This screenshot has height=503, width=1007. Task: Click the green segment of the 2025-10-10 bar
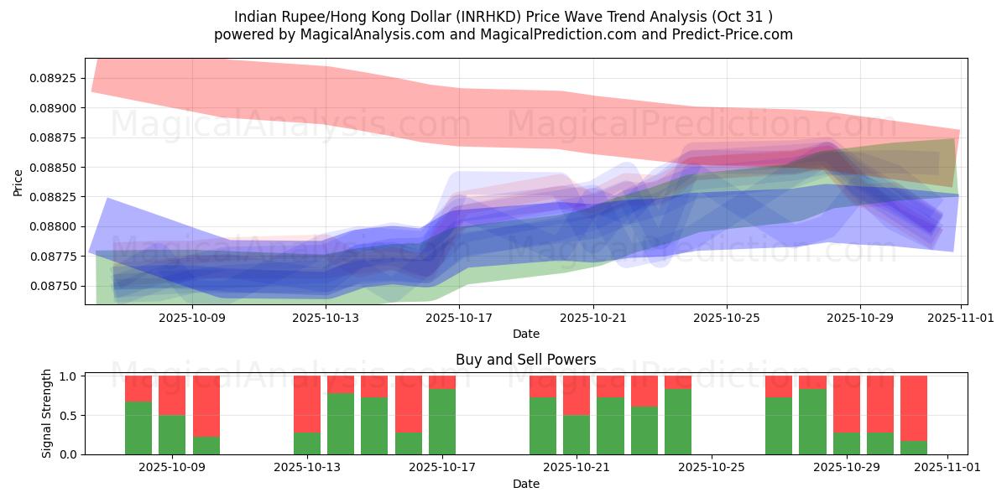tap(206, 445)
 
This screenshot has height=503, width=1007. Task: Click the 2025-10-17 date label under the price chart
tap(459, 318)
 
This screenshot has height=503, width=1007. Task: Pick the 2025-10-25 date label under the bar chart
tap(712, 468)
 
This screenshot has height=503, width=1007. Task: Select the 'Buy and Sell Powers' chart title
tap(525, 360)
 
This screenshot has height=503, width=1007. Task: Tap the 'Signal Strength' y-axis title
tap(48, 413)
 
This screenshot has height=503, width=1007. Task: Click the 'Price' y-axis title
tap(18, 182)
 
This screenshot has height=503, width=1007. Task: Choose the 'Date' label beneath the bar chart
tap(525, 484)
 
